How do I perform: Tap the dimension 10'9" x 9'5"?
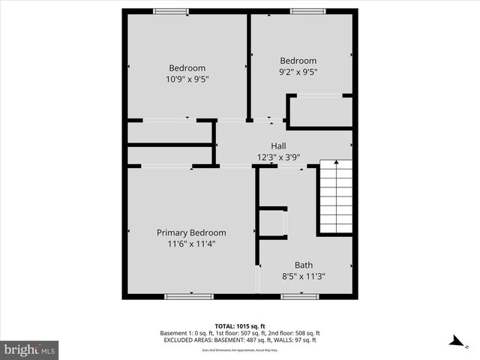tap(187, 78)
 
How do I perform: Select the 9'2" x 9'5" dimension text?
tap(298, 73)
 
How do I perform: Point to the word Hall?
tap(278, 146)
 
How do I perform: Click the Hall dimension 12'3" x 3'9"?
tap(278, 157)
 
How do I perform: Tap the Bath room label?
tap(304, 265)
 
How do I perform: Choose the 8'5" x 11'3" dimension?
tap(304, 276)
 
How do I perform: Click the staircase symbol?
tap(335, 196)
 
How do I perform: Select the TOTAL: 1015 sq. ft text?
tap(240, 325)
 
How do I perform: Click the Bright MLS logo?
tap(30, 349)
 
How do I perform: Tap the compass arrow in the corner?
tap(455, 342)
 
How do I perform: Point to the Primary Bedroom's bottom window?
tap(184, 296)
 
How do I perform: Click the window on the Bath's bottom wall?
tap(299, 296)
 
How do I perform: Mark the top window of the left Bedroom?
tap(170, 10)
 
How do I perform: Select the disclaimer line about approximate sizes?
tap(240, 350)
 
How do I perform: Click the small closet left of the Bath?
tap(271, 223)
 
